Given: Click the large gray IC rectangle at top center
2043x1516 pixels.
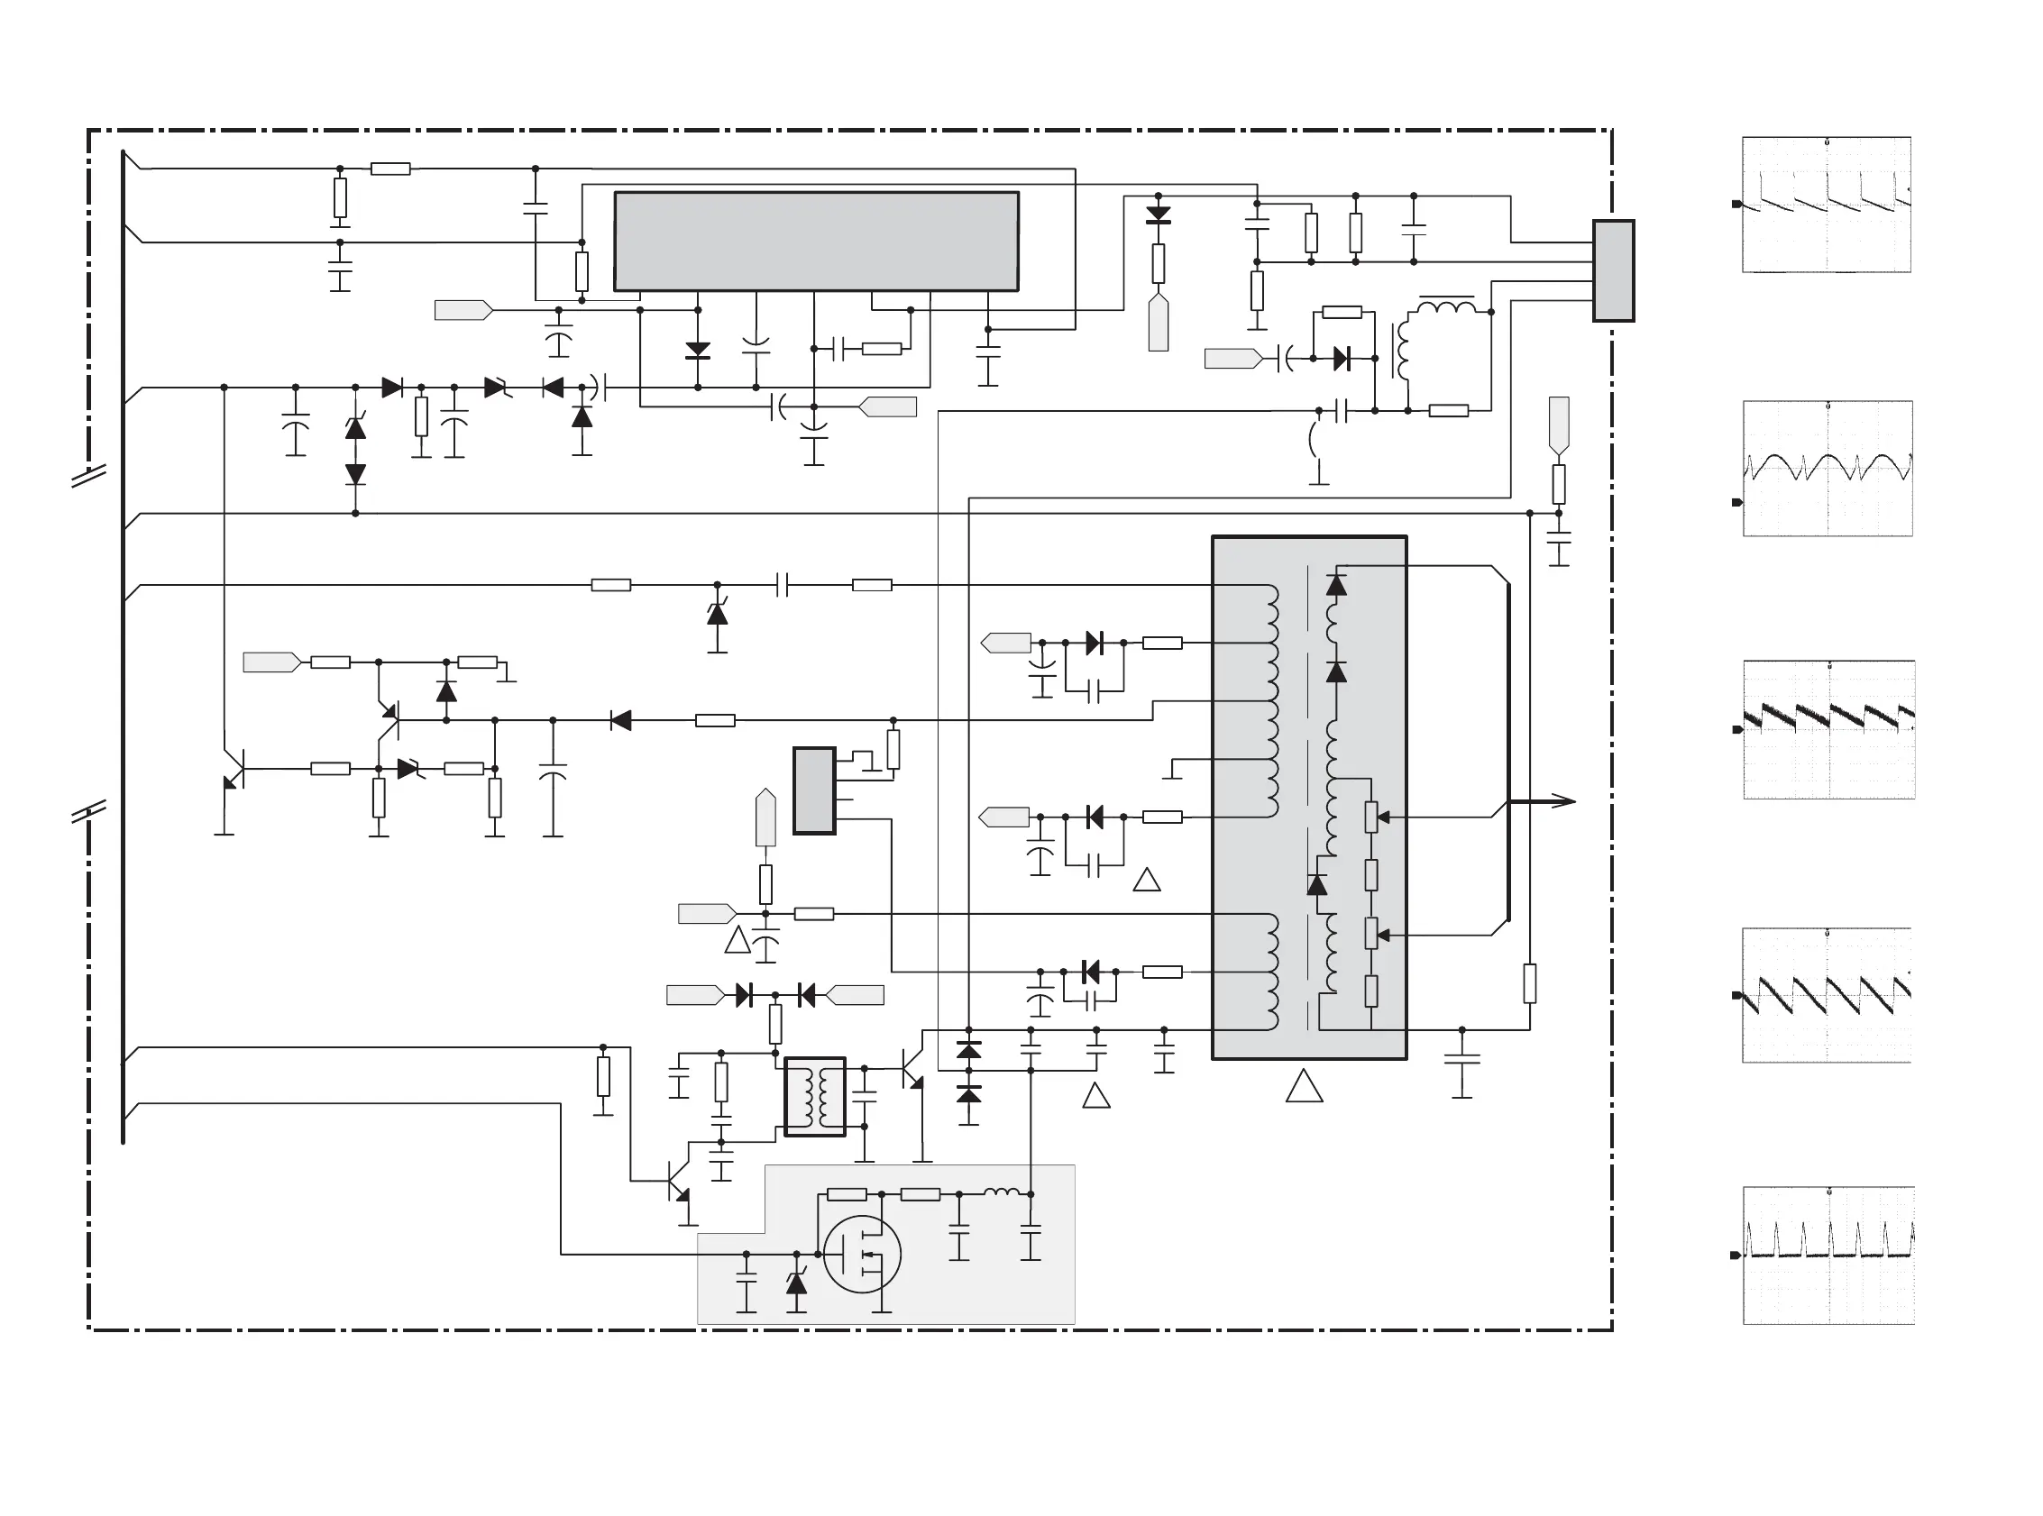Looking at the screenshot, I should coord(816,242).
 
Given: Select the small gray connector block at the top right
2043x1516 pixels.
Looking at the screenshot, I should coord(1613,270).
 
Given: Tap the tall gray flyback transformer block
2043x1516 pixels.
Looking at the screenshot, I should coord(1309,797).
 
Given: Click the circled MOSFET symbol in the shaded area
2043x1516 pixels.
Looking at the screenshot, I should coord(862,1254).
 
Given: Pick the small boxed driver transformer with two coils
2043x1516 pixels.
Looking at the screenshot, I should coord(815,1097).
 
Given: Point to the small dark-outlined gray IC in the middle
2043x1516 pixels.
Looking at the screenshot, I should coord(814,790).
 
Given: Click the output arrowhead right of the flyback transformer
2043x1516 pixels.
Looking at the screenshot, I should coord(1565,801).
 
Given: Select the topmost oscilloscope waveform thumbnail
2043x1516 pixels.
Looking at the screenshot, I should coord(1827,205).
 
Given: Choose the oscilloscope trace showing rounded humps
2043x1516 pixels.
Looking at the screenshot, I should coord(1828,468).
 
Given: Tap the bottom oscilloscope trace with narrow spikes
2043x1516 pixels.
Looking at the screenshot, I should coord(1828,1255).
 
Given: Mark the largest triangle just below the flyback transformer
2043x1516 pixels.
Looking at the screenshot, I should coord(1305,1087).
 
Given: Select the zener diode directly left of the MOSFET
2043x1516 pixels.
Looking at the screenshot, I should coord(797,1282).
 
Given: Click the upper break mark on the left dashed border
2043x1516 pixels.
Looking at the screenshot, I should coord(89,475).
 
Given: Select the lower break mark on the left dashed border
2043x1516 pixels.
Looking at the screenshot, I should coord(89,811).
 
